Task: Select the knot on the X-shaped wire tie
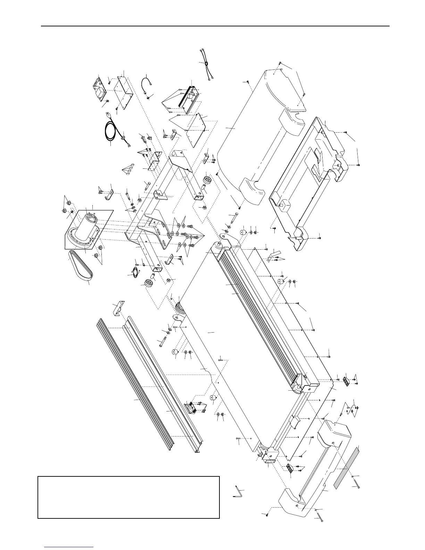(207, 64)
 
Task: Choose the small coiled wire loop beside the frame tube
(132, 273)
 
